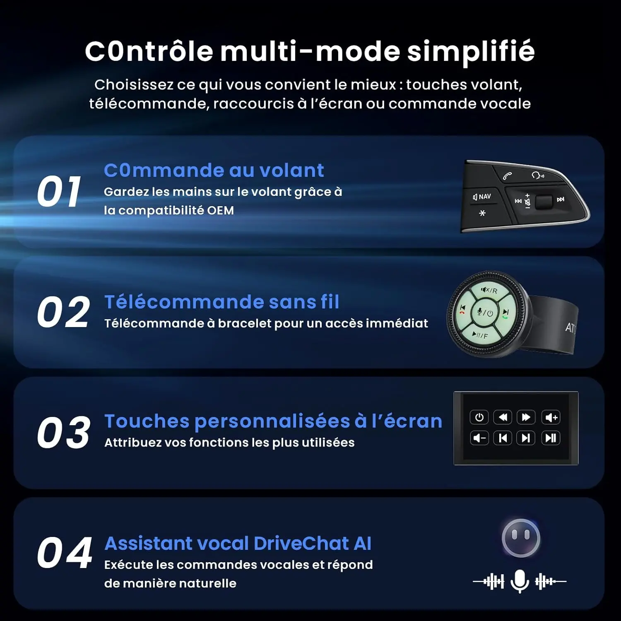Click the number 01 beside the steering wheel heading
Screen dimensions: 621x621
[x=59, y=191]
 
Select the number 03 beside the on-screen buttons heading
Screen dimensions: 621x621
[x=64, y=433]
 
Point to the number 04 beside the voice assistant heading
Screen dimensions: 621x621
[x=65, y=553]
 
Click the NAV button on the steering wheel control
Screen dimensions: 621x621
[x=482, y=197]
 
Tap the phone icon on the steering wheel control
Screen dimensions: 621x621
[x=507, y=176]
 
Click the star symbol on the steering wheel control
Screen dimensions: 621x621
[x=482, y=213]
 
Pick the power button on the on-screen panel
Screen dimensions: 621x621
[x=479, y=417]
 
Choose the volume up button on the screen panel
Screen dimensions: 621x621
[x=551, y=417]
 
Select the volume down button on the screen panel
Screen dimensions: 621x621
[x=479, y=438]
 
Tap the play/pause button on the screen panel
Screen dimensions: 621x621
[x=551, y=438]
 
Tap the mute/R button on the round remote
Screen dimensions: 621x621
[x=489, y=290]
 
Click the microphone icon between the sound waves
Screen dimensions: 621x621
[x=520, y=581]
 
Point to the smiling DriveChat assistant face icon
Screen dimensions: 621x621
[x=521, y=538]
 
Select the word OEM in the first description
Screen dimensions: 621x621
[x=220, y=210]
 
